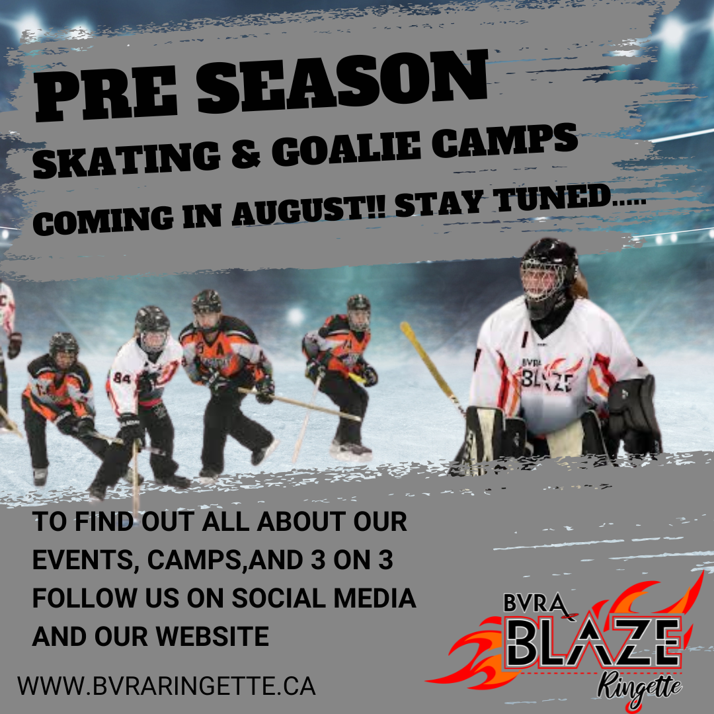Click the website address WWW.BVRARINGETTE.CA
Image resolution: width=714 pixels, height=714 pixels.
pyautogui.click(x=167, y=686)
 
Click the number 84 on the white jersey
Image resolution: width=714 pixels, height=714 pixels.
pyautogui.click(x=122, y=378)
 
